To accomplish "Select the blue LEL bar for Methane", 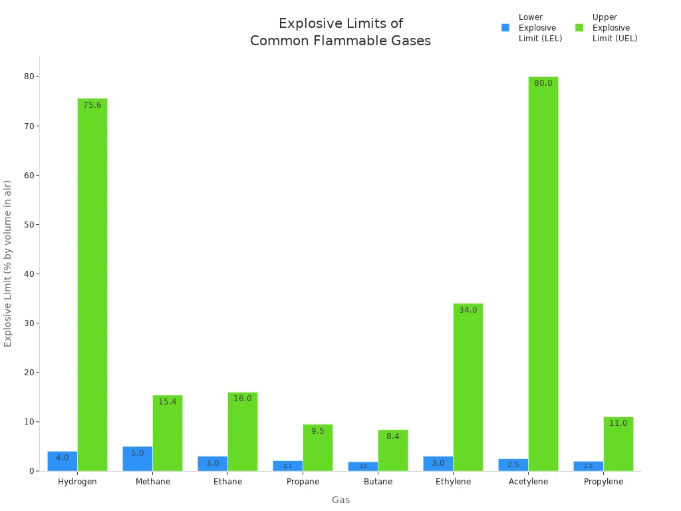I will pos(138,459).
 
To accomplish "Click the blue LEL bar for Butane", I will pos(363,466).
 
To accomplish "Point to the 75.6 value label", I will pos(92,105).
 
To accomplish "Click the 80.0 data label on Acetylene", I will pos(543,83).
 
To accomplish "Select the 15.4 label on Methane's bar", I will pos(168,402).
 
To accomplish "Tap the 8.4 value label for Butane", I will pos(393,436).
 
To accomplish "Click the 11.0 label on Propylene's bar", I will pos(618,423).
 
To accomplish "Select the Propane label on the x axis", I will pos(303,482).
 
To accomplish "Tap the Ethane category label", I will pos(227,482).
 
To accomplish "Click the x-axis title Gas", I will pos(340,500).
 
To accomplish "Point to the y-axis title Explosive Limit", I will pos(8,263).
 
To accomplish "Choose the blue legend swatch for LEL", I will pos(505,28).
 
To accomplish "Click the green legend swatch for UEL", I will pos(579,28).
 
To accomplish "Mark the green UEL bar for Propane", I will pos(318,448).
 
